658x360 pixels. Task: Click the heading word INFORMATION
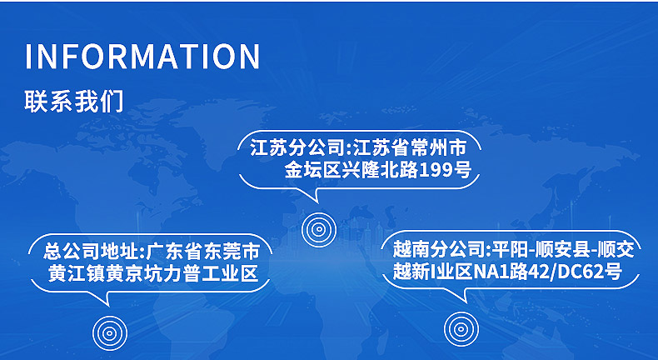pos(142,56)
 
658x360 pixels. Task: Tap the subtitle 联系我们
pos(74,102)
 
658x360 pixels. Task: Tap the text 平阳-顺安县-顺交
pos(563,248)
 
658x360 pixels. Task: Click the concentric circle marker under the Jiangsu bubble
pos(317,227)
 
